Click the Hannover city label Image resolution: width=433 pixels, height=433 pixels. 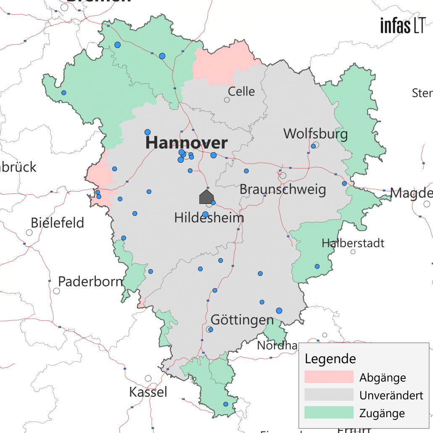tap(186, 143)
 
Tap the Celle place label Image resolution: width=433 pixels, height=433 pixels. tap(241, 91)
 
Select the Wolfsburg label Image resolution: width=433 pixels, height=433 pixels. tap(315, 134)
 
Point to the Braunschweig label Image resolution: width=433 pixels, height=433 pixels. tap(283, 190)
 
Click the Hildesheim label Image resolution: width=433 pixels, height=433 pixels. tap(209, 218)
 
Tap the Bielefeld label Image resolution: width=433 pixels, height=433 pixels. tap(58, 222)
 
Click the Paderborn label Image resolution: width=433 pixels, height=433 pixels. tap(90, 281)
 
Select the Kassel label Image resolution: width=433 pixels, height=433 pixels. tap(148, 392)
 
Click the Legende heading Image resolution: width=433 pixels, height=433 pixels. tap(330, 359)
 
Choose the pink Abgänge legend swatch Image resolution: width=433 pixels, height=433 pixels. tap(329, 377)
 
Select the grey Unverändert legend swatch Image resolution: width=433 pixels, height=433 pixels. tap(329, 395)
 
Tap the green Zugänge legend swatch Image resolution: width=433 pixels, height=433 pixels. tap(329, 412)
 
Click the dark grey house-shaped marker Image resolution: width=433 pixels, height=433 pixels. tap(206, 197)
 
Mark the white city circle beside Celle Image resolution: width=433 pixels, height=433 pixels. tap(227, 100)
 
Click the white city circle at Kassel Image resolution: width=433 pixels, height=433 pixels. tap(148, 378)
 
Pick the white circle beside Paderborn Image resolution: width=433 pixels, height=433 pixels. tap(56, 291)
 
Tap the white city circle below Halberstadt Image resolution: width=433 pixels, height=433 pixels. tap(353, 252)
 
